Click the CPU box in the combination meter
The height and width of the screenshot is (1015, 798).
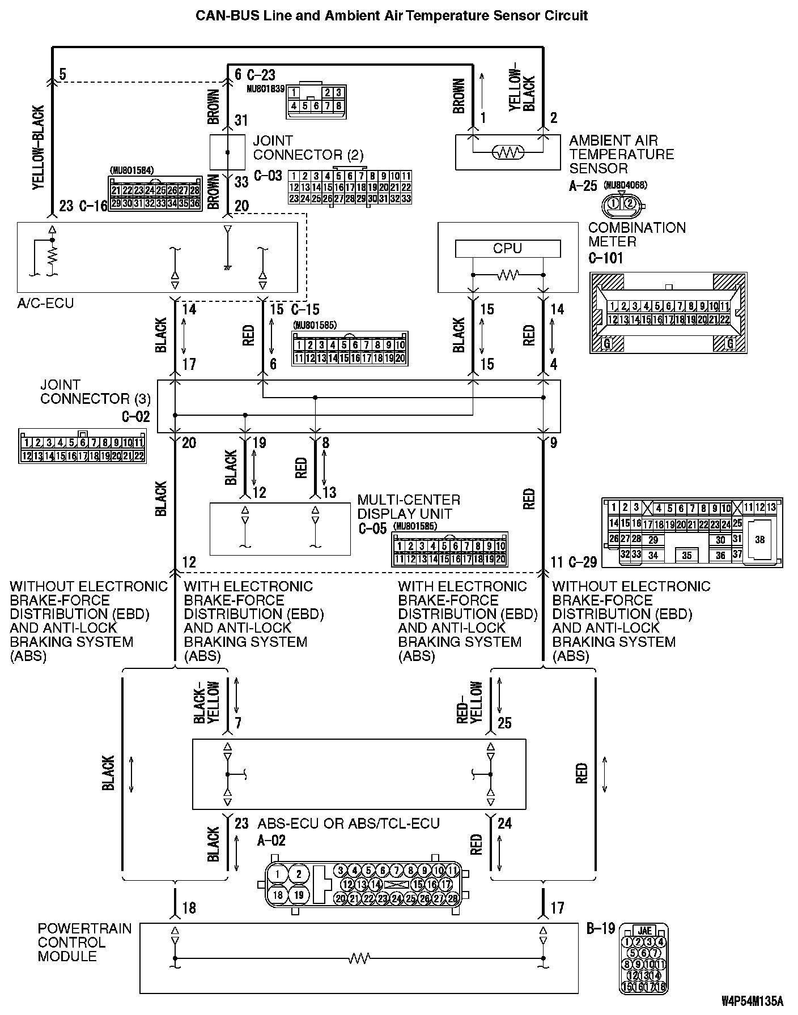click(507, 249)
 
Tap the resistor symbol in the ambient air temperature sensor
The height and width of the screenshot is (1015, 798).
click(508, 152)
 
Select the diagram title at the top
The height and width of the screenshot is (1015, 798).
click(392, 15)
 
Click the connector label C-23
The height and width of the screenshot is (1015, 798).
click(261, 75)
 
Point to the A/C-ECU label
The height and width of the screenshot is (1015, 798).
click(45, 304)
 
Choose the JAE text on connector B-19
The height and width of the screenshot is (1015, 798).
click(644, 931)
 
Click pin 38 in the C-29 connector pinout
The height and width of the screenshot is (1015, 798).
click(759, 540)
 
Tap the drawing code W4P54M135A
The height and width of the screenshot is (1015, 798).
click(752, 1001)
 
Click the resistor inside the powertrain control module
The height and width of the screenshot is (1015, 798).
click(359, 959)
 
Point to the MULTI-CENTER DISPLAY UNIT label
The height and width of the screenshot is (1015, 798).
click(409, 507)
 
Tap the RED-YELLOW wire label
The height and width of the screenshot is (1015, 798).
click(469, 702)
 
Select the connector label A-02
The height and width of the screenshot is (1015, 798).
click(271, 841)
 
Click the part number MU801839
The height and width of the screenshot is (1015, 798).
click(265, 89)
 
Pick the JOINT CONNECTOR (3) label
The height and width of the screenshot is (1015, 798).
click(95, 391)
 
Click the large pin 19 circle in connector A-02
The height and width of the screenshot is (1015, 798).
click(299, 895)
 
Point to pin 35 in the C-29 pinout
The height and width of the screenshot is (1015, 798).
click(686, 556)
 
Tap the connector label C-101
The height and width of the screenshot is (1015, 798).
click(605, 258)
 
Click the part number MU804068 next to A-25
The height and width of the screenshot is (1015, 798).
click(625, 185)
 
